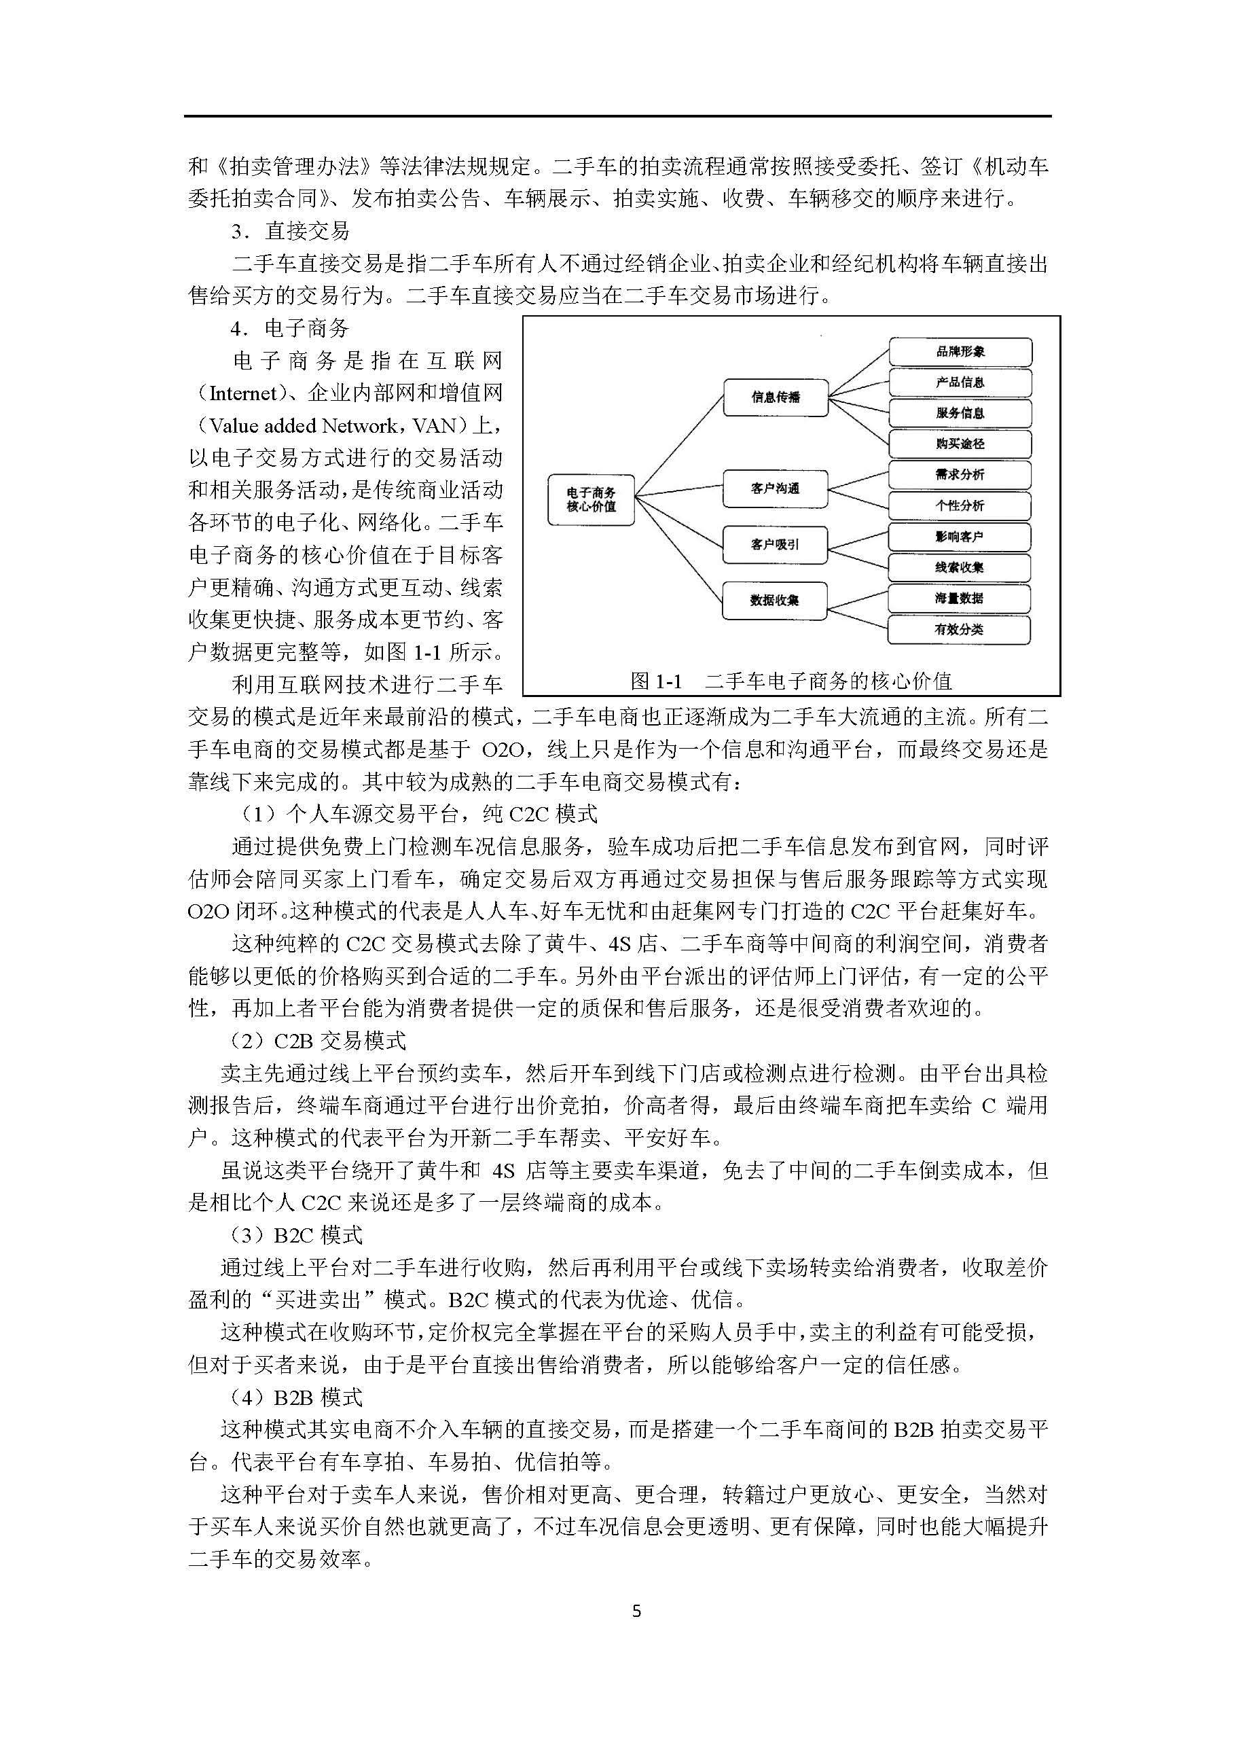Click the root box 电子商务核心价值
[x=592, y=499]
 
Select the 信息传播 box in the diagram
[x=775, y=397]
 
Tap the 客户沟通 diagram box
[x=775, y=488]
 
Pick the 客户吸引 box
[x=775, y=544]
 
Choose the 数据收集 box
[x=775, y=600]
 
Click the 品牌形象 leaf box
[x=960, y=352]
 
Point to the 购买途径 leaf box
[x=960, y=444]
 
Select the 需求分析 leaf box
[x=960, y=474]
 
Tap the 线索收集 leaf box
[x=960, y=567]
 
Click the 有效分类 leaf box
[x=960, y=630]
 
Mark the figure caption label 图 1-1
[x=656, y=681]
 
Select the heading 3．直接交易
[x=291, y=231]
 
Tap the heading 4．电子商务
[x=291, y=328]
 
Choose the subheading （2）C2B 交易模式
[x=318, y=1041]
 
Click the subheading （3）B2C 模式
[x=297, y=1235]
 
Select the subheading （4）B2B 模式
[x=297, y=1397]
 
